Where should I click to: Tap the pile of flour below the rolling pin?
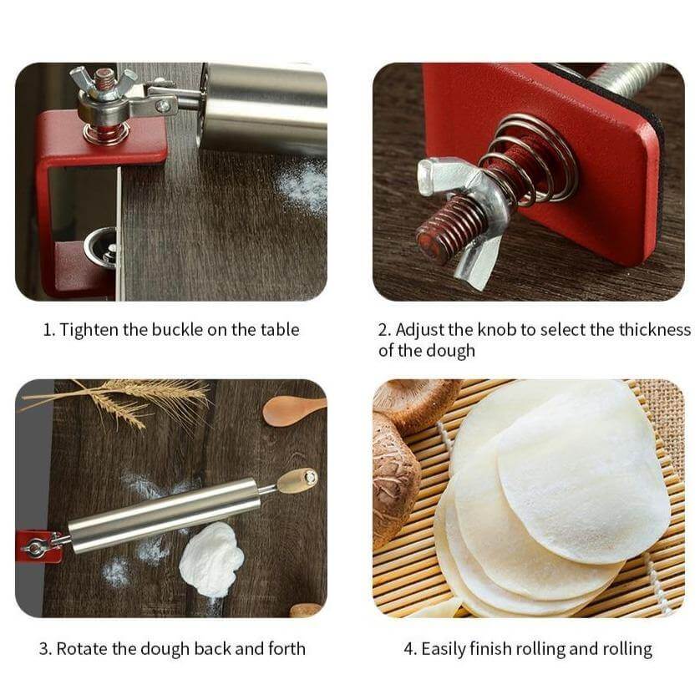[211, 559]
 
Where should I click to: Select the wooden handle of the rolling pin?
[297, 481]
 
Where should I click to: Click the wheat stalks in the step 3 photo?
[120, 399]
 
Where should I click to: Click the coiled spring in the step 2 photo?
[527, 160]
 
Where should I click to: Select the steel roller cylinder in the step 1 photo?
[263, 107]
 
